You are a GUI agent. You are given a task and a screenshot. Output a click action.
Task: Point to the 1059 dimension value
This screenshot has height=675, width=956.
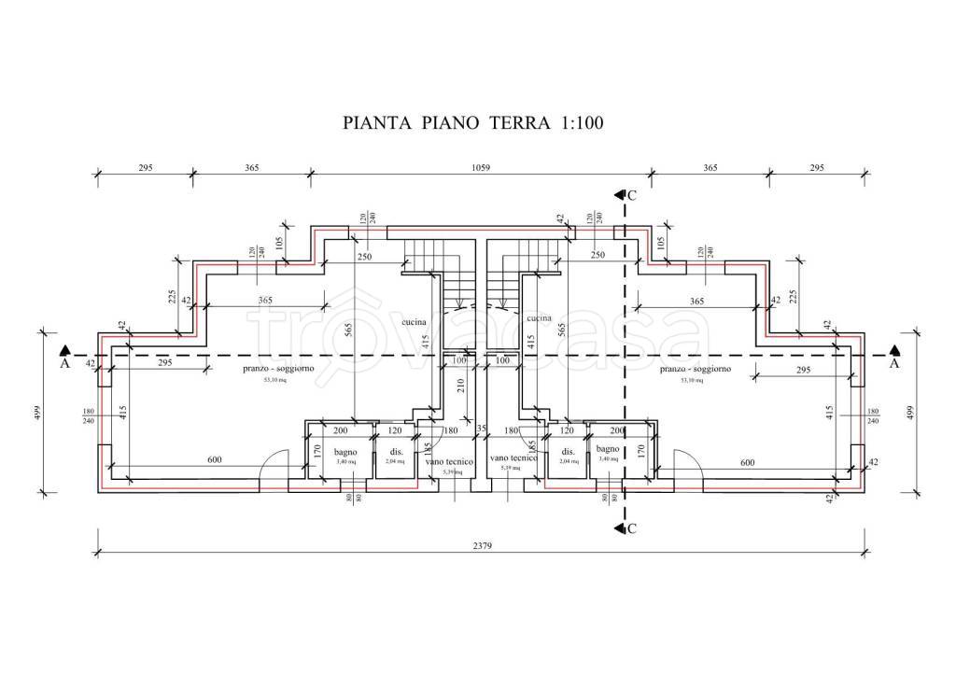[481, 168]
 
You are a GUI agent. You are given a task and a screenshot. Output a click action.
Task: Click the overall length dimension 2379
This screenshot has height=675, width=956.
[481, 545]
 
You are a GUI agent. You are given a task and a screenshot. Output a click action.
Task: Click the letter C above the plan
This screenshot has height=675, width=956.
[632, 195]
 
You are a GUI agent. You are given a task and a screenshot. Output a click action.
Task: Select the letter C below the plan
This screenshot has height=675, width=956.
[632, 529]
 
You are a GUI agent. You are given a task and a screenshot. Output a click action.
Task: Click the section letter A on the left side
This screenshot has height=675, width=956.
[64, 365]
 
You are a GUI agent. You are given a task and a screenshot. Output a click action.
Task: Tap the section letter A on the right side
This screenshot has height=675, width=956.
[894, 365]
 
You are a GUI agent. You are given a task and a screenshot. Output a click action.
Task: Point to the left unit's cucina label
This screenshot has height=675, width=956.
[414, 322]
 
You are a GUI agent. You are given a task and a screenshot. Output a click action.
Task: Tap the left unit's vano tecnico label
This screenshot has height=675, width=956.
[449, 462]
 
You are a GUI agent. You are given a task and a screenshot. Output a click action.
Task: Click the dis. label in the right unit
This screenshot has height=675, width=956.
[568, 450]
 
